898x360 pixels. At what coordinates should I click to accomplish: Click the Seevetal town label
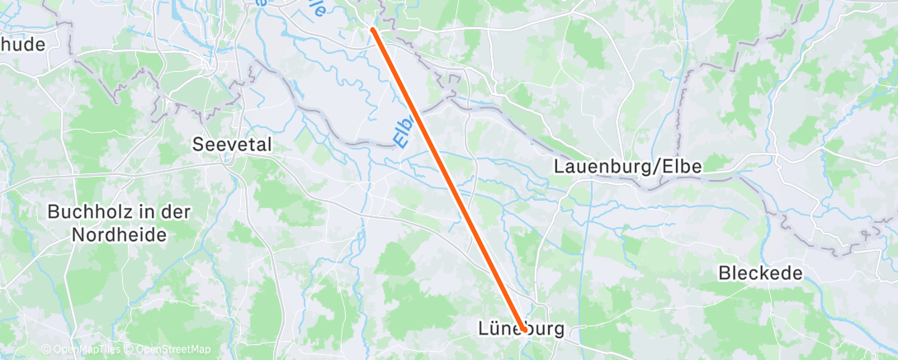[232, 144]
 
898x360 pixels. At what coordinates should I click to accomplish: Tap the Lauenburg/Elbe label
[627, 167]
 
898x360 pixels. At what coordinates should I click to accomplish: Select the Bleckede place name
[760, 273]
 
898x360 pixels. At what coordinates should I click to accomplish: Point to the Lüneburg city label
[522, 329]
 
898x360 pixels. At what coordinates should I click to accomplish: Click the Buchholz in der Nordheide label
[120, 223]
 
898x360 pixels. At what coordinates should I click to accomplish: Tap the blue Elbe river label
[403, 130]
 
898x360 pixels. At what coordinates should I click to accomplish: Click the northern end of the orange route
[373, 30]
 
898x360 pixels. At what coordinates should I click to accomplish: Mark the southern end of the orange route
[523, 329]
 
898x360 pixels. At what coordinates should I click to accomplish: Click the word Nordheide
[120, 234]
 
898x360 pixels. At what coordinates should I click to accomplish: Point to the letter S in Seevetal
[197, 144]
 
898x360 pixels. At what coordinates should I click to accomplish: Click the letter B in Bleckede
[724, 273]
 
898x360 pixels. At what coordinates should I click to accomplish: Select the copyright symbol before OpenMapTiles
[45, 349]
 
